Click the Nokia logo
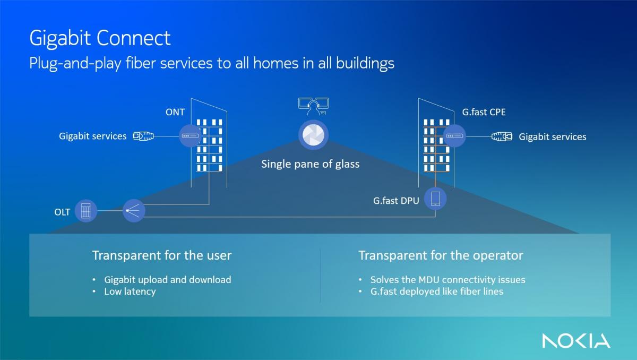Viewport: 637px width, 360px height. pos(576,341)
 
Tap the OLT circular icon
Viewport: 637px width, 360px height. pos(86,211)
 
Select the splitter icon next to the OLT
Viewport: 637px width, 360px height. pos(134,211)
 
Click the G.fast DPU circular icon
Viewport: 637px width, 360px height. pos(435,199)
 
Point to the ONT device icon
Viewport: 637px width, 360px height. pos(190,136)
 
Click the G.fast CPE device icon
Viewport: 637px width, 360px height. pos(454,136)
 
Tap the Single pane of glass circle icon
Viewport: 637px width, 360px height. pos(313,135)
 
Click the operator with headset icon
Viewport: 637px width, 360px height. pos(313,106)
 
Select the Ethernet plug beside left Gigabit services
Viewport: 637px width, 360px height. pos(144,136)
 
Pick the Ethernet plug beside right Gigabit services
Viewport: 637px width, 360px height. pos(502,136)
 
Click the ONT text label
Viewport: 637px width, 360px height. pos(175,112)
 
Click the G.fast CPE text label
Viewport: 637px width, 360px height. pos(484,112)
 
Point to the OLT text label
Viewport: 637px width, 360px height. pos(62,212)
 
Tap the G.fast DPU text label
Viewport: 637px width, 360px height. pos(396,201)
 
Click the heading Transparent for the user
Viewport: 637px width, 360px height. pos(162,255)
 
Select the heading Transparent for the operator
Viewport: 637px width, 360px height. pos(441,255)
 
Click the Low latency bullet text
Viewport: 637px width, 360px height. pos(130,292)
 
